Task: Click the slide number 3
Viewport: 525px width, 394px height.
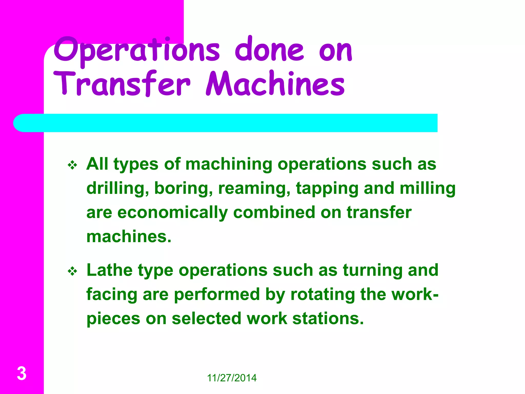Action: [x=22, y=373]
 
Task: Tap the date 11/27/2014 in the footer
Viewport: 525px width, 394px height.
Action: [x=231, y=378]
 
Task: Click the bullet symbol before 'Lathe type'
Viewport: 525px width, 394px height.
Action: [x=73, y=271]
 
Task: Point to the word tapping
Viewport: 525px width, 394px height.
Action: [x=327, y=189]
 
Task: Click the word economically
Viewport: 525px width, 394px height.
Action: [x=173, y=213]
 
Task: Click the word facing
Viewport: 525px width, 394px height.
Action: [x=112, y=294]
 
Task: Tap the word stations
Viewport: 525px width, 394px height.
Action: [x=328, y=319]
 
